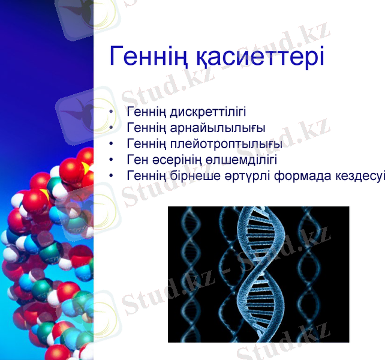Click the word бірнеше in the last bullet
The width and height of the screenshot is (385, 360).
(x=191, y=176)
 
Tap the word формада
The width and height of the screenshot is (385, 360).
(x=300, y=176)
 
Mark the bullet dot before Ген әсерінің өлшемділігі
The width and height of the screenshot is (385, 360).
(x=112, y=160)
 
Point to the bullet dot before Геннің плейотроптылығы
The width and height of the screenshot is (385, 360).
(x=112, y=145)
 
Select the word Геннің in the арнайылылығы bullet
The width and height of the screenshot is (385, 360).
(x=146, y=128)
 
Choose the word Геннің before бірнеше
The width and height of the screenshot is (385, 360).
(x=146, y=176)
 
